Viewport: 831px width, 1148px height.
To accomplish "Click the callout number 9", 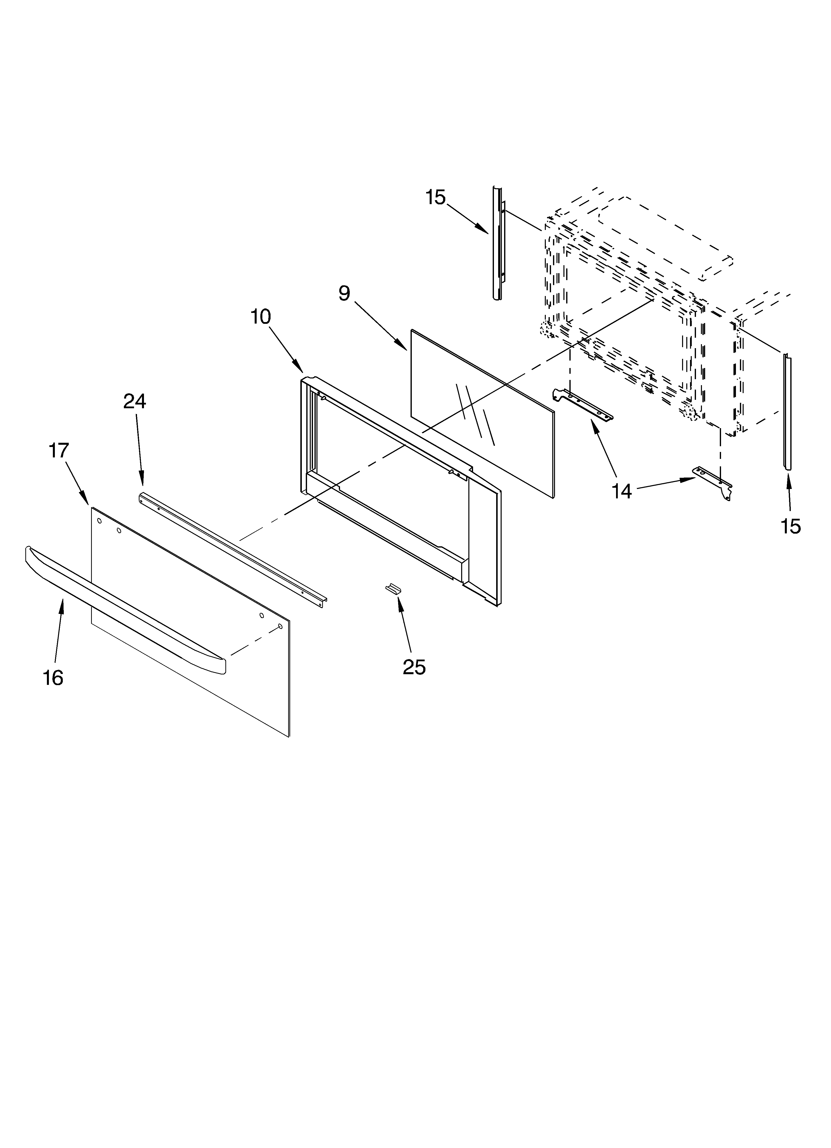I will tap(344, 293).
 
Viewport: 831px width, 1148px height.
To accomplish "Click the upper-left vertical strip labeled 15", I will tap(497, 243).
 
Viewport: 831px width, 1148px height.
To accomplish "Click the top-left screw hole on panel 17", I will tap(99, 520).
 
